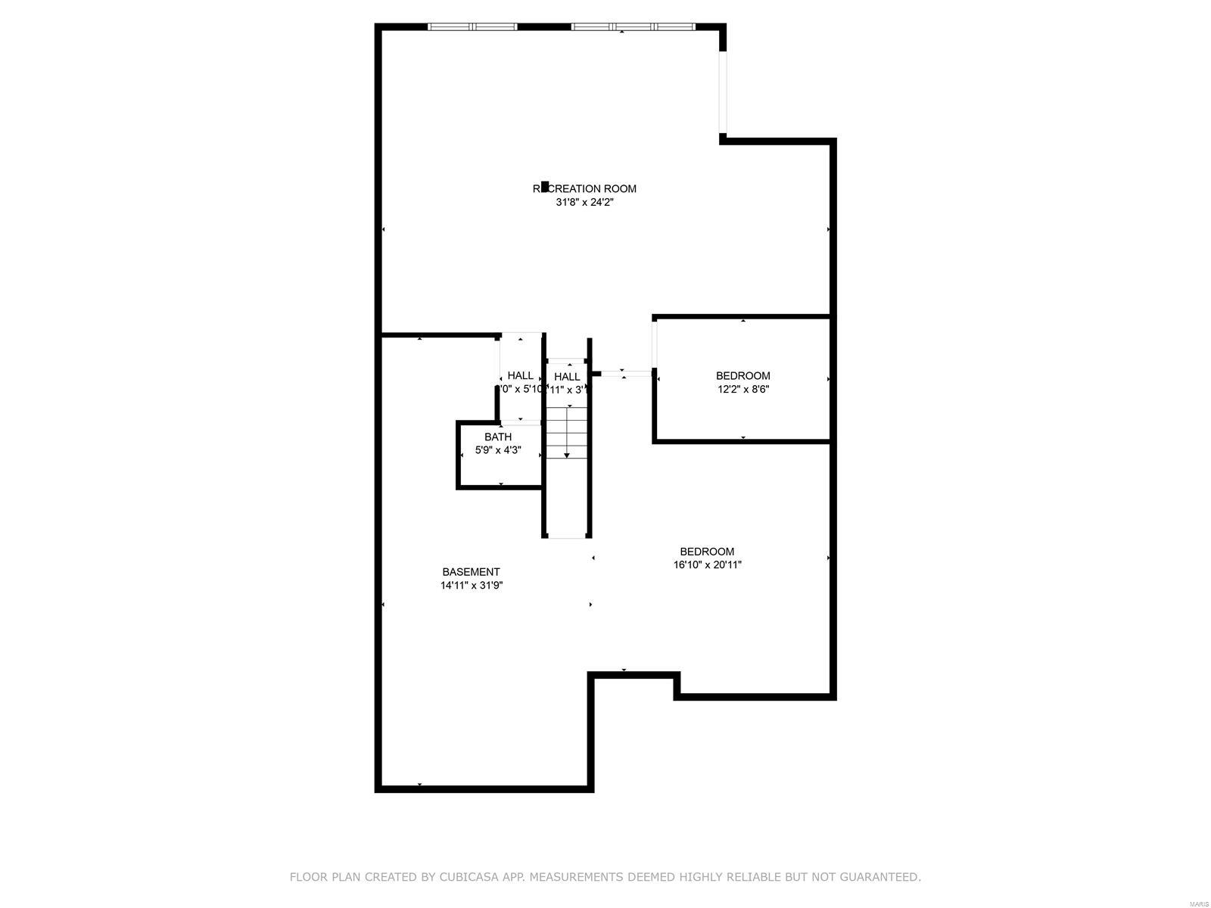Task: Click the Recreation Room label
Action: (584, 188)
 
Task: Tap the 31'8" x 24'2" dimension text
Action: (584, 203)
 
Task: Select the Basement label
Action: (471, 572)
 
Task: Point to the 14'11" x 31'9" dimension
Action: (472, 586)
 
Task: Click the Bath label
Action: (498, 437)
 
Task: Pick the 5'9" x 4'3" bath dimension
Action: (498, 450)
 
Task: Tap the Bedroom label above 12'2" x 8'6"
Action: (743, 375)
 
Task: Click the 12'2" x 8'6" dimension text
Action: (743, 390)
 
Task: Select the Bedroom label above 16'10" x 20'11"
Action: (707, 552)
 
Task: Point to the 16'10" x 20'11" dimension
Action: (707, 564)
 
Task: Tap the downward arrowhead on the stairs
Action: (567, 456)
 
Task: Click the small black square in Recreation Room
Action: (546, 186)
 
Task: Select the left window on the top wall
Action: (472, 27)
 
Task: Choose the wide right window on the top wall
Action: (633, 27)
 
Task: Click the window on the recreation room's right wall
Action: (723, 92)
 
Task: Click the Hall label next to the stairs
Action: (567, 377)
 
